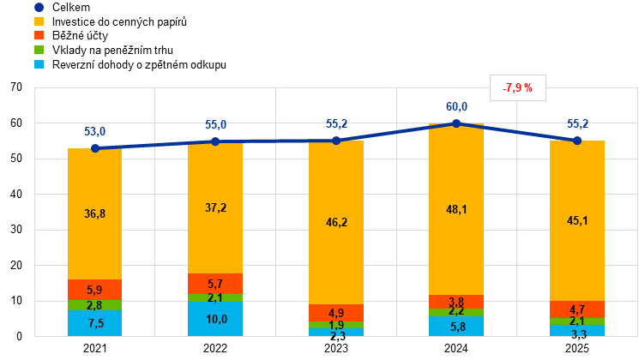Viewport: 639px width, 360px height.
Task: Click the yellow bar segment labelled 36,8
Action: pos(94,213)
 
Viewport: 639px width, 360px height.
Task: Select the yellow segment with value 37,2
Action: pos(215,208)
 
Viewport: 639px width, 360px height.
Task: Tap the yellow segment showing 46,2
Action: pos(336,222)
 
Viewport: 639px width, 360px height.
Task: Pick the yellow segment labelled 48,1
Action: pos(456,209)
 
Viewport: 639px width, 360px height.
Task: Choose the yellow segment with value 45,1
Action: pos(577,220)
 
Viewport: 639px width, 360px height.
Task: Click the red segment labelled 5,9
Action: pos(94,290)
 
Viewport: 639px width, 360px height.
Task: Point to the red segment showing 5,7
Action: pos(215,284)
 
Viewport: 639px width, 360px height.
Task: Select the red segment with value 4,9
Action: pos(336,313)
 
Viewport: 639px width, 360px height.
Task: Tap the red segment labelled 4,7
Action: pos(577,309)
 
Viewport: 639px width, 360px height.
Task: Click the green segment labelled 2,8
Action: pos(94,305)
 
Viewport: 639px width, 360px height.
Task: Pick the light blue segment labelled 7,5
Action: pos(94,323)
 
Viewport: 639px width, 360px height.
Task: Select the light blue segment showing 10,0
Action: pos(215,319)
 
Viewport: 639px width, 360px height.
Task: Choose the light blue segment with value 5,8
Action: pos(456,327)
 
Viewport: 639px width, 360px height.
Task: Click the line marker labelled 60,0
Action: pos(456,123)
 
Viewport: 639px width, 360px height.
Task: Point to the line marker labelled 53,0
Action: pos(94,148)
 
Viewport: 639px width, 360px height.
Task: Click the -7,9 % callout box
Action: pos(518,87)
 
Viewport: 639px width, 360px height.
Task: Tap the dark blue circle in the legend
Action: pos(39,7)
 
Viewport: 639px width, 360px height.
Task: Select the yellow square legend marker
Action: pos(39,21)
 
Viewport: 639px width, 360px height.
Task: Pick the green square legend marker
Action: pos(39,50)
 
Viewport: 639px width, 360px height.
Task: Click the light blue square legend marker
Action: pos(39,64)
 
